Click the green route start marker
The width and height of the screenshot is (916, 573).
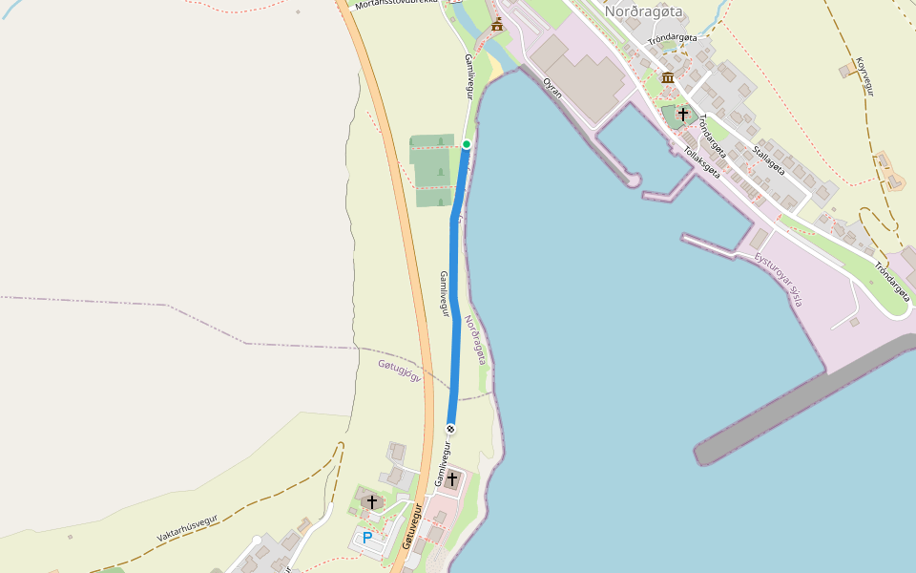[x=467, y=144]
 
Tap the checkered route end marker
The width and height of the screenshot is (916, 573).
[x=450, y=429]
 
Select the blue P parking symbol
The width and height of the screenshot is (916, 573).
[x=367, y=538]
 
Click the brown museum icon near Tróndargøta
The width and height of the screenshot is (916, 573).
[x=668, y=77]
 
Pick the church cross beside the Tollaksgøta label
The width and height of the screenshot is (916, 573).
[x=683, y=115]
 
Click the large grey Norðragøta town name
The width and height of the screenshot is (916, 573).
[x=644, y=12]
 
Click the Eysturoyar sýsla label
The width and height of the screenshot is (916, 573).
[x=779, y=280]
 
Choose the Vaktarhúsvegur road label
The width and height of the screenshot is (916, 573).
[x=187, y=528]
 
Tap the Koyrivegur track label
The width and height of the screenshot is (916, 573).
[x=864, y=77]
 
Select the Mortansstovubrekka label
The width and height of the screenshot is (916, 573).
[x=395, y=4]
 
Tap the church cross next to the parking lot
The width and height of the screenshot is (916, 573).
[x=372, y=501]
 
